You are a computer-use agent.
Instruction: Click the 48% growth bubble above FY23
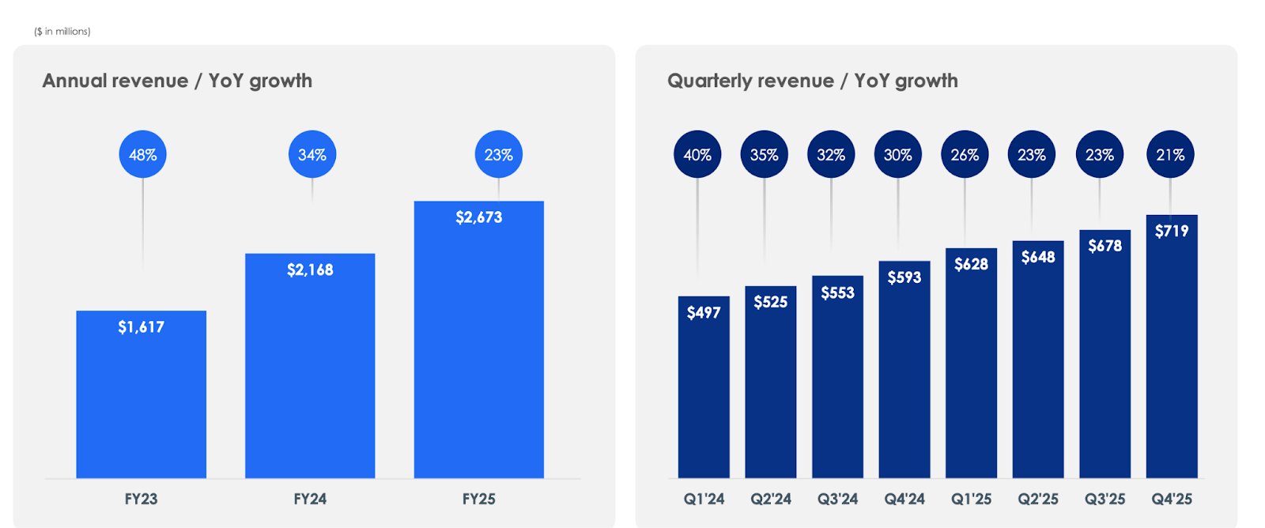pyautogui.click(x=142, y=154)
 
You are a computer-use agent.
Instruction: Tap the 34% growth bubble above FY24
pyautogui.click(x=312, y=154)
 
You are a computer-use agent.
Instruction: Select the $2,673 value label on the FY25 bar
pyautogui.click(x=478, y=217)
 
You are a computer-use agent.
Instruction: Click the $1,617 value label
pyautogui.click(x=141, y=326)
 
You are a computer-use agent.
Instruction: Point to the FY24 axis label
pyautogui.click(x=310, y=499)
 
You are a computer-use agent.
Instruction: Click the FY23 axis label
pyautogui.click(x=141, y=499)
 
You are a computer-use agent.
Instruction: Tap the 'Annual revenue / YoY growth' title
pyautogui.click(x=177, y=81)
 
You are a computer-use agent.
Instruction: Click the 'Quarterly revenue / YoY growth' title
pyautogui.click(x=812, y=81)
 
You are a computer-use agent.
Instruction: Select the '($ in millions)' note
pyautogui.click(x=62, y=32)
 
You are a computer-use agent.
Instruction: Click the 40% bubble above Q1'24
pyautogui.click(x=697, y=154)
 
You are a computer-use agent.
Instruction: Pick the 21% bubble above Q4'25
pyautogui.click(x=1170, y=154)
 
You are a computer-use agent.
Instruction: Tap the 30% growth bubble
pyautogui.click(x=897, y=154)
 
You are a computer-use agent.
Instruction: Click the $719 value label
pyautogui.click(x=1171, y=231)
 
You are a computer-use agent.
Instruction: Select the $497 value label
pyautogui.click(x=704, y=312)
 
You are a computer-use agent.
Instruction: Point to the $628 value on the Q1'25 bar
pyautogui.click(x=971, y=264)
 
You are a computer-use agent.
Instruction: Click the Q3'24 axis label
pyautogui.click(x=837, y=499)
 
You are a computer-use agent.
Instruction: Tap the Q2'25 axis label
pyautogui.click(x=1037, y=499)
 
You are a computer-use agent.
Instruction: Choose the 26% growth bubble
pyautogui.click(x=965, y=154)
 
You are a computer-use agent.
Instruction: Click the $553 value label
pyautogui.click(x=837, y=292)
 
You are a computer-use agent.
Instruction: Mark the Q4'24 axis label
pyautogui.click(x=904, y=499)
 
